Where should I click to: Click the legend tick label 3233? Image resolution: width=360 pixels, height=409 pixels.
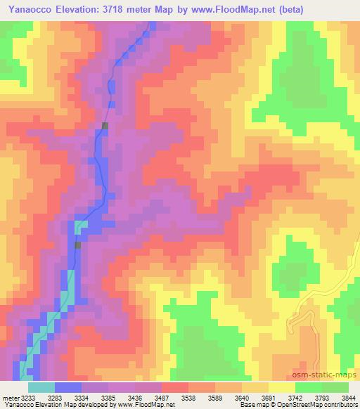[x=27, y=397]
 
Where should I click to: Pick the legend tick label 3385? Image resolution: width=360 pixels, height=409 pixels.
[x=108, y=397]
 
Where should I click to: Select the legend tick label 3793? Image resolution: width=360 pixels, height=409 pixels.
[x=321, y=397]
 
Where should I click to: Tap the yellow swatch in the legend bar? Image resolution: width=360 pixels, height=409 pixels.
[x=281, y=387]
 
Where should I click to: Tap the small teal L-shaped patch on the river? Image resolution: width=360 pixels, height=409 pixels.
[x=79, y=227]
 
